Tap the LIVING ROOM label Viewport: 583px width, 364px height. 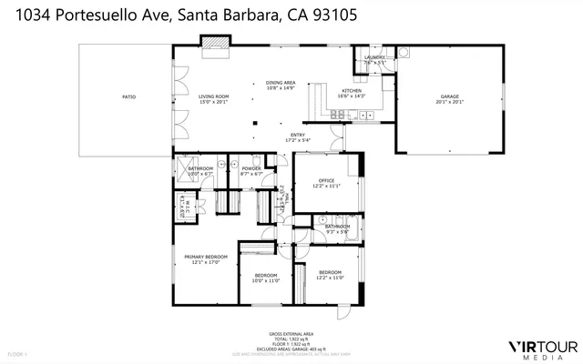pos(215,96)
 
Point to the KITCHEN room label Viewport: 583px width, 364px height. pos(352,91)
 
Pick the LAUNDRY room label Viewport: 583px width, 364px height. pos(374,57)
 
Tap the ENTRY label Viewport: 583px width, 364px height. pos(298,135)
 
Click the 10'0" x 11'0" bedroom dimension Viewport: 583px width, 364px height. pos(265,281)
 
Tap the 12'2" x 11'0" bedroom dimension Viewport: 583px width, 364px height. pos(330,277)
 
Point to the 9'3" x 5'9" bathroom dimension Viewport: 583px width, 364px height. pos(337,231)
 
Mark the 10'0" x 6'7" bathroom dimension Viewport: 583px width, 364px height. pos(200,174)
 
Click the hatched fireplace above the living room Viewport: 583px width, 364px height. pos(216,43)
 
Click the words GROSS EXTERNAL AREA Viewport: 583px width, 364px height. pos(291,334)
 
